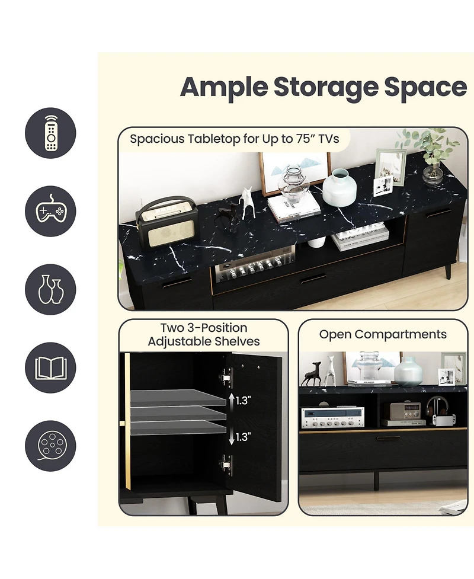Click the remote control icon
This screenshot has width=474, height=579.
[50, 133]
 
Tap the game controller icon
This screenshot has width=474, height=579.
[50, 212]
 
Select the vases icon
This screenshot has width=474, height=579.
[50, 290]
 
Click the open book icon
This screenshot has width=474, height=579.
[50, 368]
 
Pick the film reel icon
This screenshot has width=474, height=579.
[50, 446]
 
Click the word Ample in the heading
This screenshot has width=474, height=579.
[224, 88]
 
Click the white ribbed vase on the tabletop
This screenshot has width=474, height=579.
[338, 187]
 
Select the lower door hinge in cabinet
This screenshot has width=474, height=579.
[225, 463]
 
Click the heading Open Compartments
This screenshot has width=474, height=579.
[383, 334]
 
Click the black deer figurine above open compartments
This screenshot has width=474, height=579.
[312, 373]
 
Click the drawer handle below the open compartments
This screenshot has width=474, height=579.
[389, 439]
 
